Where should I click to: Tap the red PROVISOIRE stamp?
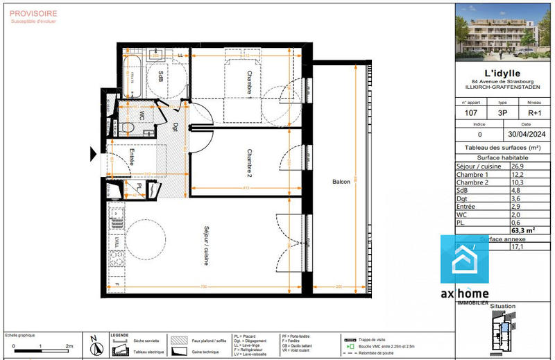[x=33, y=12]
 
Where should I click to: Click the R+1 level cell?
[x=533, y=112]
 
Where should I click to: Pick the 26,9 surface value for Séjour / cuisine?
[x=518, y=166]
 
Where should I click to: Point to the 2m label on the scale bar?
[x=68, y=345]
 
